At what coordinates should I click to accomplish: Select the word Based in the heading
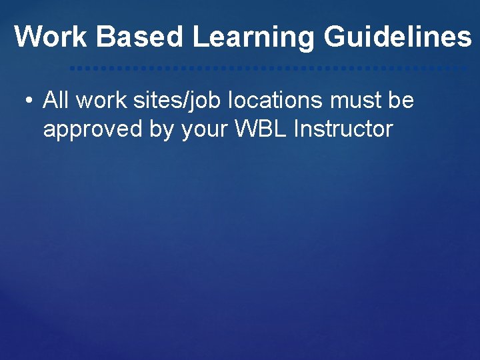click(139, 37)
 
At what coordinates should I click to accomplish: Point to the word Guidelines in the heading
click(397, 37)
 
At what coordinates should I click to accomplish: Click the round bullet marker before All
click(28, 101)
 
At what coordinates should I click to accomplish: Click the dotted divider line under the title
click(267, 68)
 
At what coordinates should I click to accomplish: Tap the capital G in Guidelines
click(335, 37)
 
